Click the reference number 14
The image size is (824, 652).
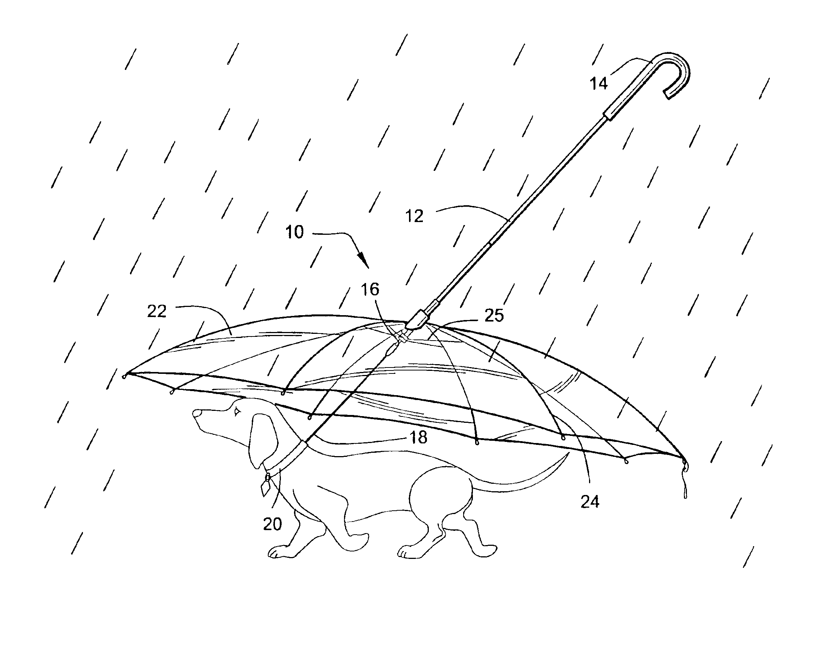(599, 83)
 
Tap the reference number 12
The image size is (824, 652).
(415, 216)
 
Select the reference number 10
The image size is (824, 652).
(295, 232)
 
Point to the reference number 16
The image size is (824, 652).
(370, 289)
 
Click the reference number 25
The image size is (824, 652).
(494, 315)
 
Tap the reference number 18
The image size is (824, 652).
(418, 437)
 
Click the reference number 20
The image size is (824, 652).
(273, 524)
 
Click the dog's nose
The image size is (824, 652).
(197, 413)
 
